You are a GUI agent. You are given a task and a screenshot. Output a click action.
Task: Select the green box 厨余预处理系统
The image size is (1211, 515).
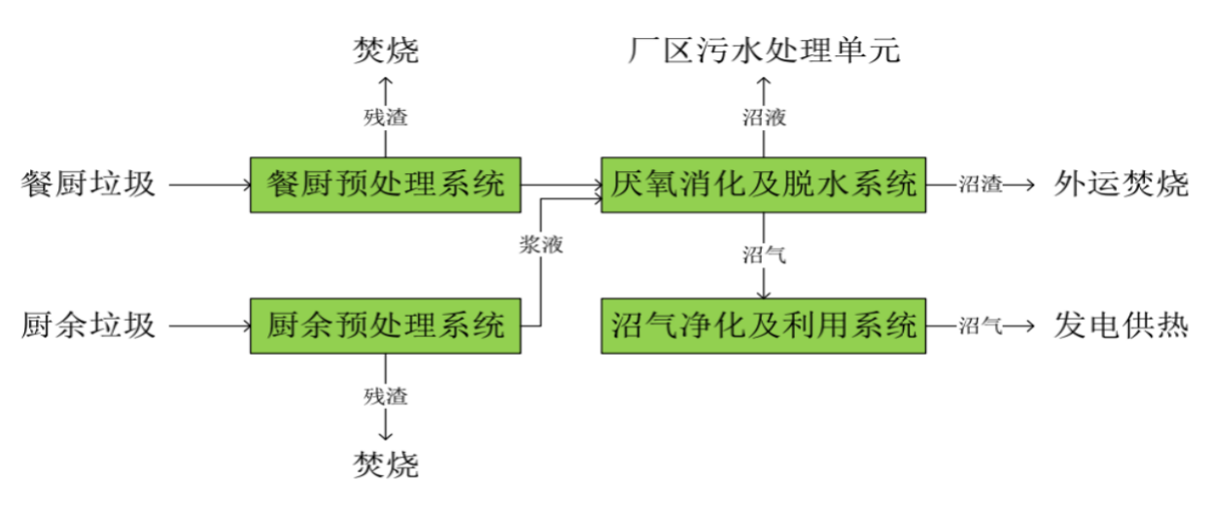386,325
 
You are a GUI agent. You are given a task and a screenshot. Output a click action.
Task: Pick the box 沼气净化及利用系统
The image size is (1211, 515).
764,325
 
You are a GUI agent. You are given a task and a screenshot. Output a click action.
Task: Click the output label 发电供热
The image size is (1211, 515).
1121,326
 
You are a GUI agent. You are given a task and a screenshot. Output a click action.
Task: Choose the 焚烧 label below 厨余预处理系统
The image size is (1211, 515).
386,464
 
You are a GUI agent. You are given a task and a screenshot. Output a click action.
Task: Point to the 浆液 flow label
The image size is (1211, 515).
541,244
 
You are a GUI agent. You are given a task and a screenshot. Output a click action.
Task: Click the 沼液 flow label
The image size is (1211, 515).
764,119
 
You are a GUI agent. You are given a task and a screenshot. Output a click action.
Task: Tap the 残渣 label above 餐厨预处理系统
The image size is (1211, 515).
386,119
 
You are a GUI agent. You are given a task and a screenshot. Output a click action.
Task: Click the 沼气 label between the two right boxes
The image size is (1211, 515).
764,256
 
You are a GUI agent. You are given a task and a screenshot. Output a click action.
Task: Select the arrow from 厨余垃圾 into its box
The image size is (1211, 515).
209,326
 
